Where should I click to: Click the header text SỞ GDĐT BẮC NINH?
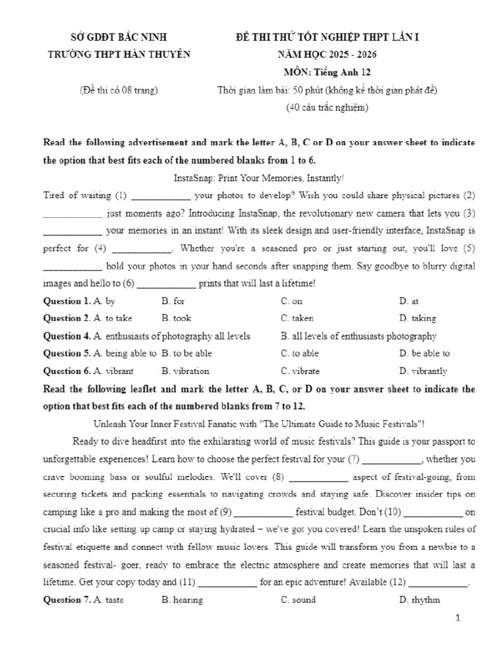(119, 37)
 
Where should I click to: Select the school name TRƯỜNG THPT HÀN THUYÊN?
(119, 54)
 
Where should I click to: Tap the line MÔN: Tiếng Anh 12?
(327, 72)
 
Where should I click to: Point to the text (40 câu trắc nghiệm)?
(327, 108)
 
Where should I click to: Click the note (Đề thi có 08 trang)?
(119, 91)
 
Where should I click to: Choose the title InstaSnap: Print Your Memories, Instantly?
(259, 178)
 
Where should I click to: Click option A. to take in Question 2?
(113, 318)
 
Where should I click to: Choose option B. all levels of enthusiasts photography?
(358, 336)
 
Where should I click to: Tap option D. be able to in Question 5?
(424, 353)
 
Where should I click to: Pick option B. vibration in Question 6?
(185, 371)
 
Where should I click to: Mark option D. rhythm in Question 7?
(419, 600)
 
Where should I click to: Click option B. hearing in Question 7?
(182, 600)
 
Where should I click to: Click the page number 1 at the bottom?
(458, 618)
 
